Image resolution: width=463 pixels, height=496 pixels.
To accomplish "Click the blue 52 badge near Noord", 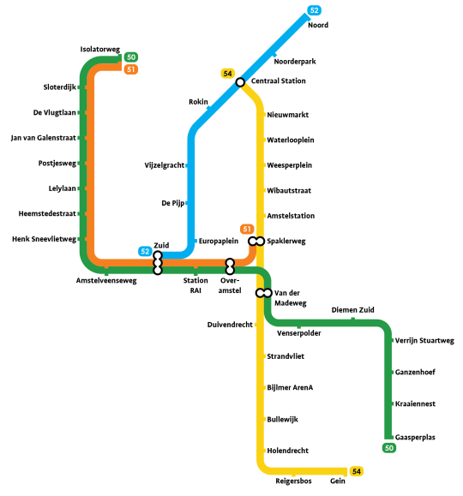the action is point(314,10).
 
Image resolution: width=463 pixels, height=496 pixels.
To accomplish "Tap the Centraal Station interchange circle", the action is point(240,82).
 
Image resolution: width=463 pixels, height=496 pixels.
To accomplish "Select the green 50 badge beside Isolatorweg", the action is point(131,57).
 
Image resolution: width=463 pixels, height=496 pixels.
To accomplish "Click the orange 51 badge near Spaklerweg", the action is point(247,229).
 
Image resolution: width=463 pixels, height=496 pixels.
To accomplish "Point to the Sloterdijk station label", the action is point(59,87).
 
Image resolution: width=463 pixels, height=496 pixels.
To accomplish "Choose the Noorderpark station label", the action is point(295,62).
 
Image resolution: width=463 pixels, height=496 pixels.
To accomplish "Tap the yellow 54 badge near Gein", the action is point(357,471).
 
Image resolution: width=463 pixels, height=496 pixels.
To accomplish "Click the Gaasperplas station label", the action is point(415,437).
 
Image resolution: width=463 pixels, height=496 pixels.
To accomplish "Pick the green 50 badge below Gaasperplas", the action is point(389,448).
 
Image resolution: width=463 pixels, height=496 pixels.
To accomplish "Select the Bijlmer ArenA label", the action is point(290,387).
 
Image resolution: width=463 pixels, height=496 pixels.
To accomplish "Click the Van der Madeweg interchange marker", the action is point(264,293).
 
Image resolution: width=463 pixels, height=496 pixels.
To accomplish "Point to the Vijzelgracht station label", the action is point(165,165).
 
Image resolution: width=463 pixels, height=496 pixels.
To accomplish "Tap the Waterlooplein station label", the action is point(291,140).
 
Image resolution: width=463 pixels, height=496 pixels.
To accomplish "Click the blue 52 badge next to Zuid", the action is point(145,252).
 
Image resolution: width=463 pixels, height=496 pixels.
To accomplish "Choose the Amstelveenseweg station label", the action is point(106,281).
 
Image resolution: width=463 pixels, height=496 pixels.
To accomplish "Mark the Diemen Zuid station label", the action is point(352,310).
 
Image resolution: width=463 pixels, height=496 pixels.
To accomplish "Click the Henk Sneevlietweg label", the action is point(44,239).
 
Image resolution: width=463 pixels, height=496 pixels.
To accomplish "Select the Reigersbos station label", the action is point(293,481).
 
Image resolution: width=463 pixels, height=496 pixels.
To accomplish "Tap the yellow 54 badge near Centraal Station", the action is point(228,74).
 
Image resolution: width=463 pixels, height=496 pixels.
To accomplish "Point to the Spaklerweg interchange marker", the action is point(256,241).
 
